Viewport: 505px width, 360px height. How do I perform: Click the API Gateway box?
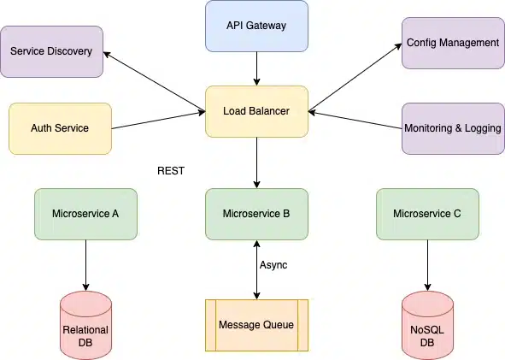256,26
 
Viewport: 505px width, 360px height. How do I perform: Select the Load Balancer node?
256,111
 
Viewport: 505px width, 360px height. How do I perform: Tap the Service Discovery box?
51,51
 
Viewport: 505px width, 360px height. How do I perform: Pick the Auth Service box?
60,128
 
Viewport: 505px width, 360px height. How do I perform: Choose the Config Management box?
452,43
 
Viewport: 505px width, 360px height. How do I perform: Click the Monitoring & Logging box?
452,128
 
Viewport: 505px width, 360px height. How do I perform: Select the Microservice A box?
85,214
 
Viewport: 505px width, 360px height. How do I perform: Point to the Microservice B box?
256,214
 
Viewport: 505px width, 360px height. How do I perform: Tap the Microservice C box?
427,214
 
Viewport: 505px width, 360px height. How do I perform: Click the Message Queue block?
256,325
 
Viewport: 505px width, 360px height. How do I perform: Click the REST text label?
171,171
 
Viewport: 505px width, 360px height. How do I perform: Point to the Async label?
273,265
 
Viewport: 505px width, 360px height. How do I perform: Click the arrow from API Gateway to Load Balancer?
256,68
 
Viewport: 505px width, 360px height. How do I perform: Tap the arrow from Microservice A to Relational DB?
85,265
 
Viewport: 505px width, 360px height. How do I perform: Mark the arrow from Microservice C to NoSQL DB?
427,265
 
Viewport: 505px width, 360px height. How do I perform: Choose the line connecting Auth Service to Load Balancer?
158,121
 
